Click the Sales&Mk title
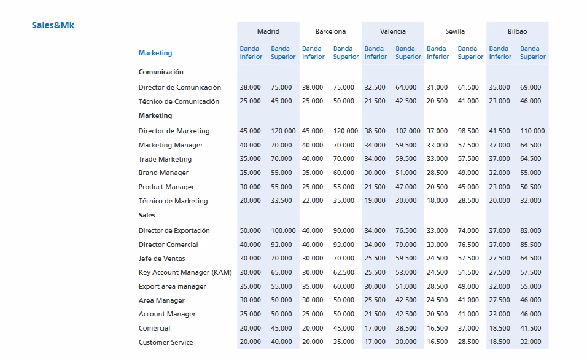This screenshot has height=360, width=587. (53, 26)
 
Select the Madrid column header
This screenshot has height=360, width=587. (268, 31)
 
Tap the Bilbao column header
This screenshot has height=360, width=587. (517, 31)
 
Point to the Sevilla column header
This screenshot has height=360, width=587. (455, 31)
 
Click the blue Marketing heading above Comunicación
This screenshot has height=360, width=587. (155, 53)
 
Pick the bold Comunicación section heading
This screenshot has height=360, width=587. (161, 72)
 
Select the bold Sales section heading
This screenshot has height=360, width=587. (147, 215)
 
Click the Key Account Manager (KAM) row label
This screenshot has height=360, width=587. (185, 272)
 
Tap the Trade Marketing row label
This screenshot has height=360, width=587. (165, 159)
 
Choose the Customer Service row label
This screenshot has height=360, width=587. (166, 342)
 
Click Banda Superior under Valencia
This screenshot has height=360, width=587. (408, 53)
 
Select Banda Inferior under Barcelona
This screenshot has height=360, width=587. (313, 53)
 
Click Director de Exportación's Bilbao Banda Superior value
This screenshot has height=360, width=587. (531, 230)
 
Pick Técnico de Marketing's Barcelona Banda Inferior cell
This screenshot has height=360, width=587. (313, 201)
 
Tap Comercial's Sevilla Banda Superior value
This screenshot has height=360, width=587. (468, 328)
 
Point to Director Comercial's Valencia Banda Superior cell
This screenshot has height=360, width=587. (406, 245)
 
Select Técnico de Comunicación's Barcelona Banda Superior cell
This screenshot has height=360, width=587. (344, 101)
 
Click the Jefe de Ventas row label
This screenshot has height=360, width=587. (161, 259)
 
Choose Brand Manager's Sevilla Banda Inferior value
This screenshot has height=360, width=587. (437, 173)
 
